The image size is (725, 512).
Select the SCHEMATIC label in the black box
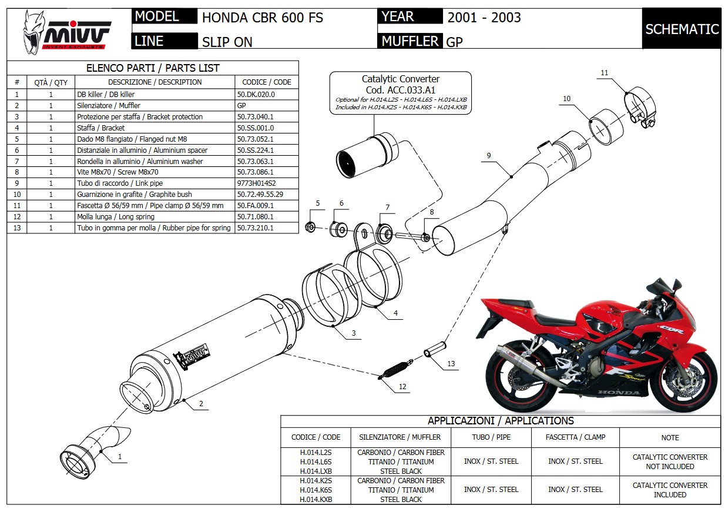[x=682, y=29]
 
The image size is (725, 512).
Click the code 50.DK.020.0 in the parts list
[x=256, y=94]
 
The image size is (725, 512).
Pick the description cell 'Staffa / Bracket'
[x=101, y=128]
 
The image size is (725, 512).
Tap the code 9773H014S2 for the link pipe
[x=256, y=183]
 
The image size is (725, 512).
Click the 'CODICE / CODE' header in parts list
[x=266, y=82]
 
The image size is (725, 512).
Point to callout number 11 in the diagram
[x=605, y=73]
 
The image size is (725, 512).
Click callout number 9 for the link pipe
[x=488, y=155]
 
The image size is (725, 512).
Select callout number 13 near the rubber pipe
[x=451, y=364]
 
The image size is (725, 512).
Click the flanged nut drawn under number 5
[x=311, y=226]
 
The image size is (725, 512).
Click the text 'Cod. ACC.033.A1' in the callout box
[x=400, y=89]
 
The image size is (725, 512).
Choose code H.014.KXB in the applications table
[x=315, y=499]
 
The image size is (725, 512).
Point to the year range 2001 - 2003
[x=484, y=17]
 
